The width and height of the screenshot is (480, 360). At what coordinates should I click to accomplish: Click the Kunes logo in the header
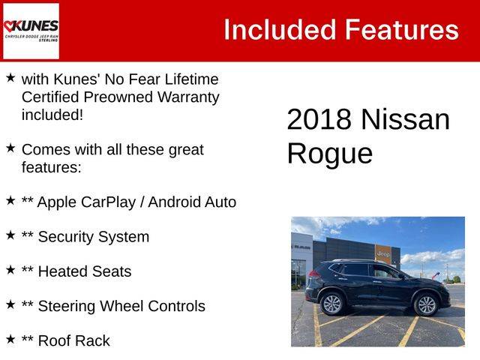pyautogui.click(x=31, y=31)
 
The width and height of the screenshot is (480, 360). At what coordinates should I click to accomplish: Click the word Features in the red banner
pyautogui.click(x=402, y=30)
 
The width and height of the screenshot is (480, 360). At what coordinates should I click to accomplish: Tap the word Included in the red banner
pyautogui.click(x=280, y=30)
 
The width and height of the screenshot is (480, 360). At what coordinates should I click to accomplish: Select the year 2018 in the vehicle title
pyautogui.click(x=319, y=119)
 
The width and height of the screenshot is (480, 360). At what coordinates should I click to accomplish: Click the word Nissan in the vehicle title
pyautogui.click(x=405, y=119)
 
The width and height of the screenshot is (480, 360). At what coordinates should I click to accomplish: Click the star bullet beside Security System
pyautogui.click(x=10, y=235)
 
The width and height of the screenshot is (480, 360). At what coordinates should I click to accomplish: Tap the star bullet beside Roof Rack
pyautogui.click(x=10, y=339)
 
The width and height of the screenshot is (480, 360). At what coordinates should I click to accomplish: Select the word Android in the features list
pyautogui.click(x=175, y=202)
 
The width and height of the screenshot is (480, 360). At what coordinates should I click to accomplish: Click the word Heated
pyautogui.click(x=63, y=271)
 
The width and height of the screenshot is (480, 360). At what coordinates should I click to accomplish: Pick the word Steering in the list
pyautogui.click(x=67, y=307)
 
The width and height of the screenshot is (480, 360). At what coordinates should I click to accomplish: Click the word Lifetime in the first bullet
pyautogui.click(x=192, y=79)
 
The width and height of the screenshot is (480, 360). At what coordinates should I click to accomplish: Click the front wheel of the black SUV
pyautogui.click(x=427, y=304)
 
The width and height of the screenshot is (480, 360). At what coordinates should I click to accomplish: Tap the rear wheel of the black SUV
pyautogui.click(x=332, y=304)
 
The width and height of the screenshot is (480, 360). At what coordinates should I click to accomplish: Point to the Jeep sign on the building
pyautogui.click(x=383, y=253)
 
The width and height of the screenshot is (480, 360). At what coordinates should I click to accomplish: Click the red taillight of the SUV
pyautogui.click(x=315, y=273)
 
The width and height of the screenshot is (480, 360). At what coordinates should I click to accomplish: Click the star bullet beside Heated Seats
pyautogui.click(x=10, y=270)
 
